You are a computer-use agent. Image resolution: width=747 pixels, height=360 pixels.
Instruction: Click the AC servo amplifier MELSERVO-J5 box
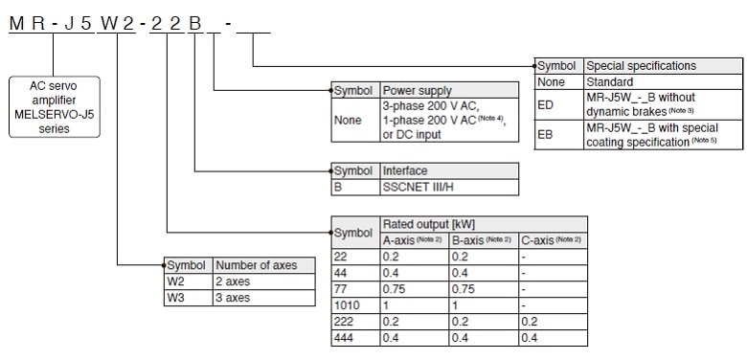tap(56, 107)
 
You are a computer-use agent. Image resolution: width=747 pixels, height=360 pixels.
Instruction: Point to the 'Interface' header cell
tap(449, 169)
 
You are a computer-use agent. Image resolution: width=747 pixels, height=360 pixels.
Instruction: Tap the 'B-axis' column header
tap(485, 238)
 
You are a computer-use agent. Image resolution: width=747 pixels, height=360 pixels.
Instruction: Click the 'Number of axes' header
tap(262, 265)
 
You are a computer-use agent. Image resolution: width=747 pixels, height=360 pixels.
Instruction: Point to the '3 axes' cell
tap(262, 298)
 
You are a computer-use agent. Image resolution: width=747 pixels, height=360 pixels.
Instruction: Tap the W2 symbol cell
tap(188, 281)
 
